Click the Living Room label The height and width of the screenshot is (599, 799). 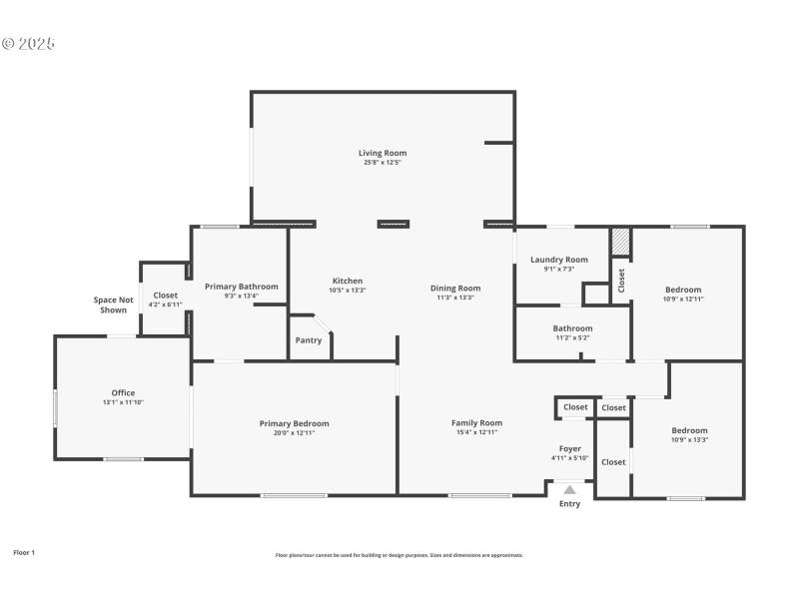[383, 153]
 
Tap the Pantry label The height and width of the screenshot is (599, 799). [308, 340]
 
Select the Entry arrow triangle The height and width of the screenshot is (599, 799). [569, 490]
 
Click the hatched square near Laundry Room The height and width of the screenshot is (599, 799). [620, 242]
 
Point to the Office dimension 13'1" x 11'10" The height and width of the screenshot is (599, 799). [123, 402]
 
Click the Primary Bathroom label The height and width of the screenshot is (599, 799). [241, 287]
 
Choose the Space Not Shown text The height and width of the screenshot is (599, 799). [113, 304]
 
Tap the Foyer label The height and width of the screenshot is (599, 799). [570, 448]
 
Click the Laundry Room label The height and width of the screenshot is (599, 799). [558, 260]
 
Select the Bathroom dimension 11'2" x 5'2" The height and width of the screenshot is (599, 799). [572, 337]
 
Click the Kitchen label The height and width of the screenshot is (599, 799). [347, 281]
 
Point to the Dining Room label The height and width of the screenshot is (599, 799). [455, 289]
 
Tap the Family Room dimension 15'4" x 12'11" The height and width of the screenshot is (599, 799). [476, 432]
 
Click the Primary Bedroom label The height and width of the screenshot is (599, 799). [294, 423]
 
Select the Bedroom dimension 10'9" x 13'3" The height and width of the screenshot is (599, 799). [689, 439]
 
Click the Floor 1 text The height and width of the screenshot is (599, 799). [23, 552]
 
